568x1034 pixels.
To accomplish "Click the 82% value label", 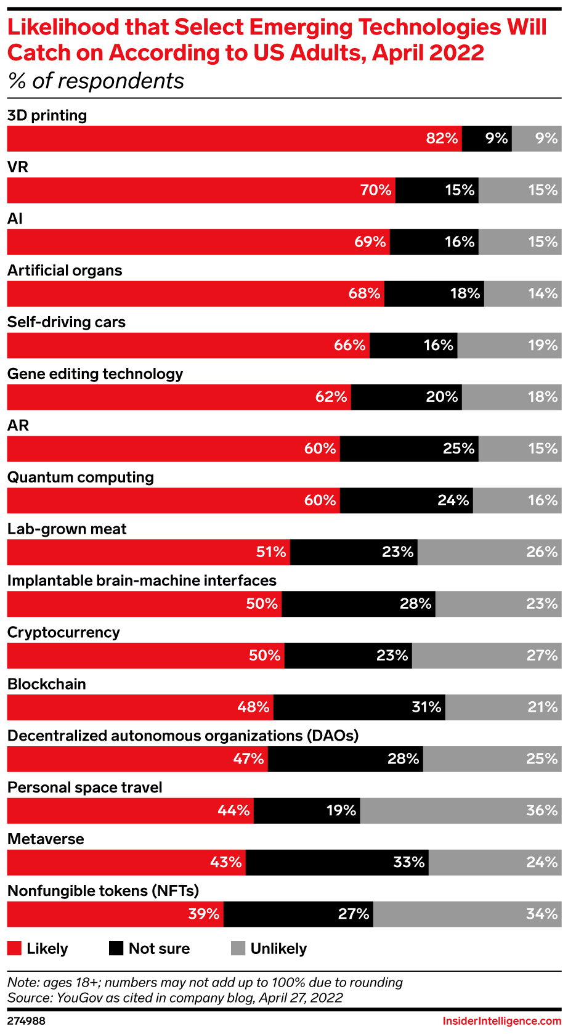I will (442, 139).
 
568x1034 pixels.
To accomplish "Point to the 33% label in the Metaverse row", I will (409, 863).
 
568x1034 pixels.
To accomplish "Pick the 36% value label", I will (542, 811).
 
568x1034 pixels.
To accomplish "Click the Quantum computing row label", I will (81, 478).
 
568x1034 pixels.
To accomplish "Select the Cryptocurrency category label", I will (63, 633).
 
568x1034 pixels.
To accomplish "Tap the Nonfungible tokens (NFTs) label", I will (103, 891).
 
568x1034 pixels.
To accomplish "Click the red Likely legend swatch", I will (14, 948).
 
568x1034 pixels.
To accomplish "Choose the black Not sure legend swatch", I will (116, 948).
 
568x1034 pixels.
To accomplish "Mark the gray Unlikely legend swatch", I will (238, 948).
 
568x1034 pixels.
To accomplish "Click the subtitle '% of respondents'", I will (96, 81).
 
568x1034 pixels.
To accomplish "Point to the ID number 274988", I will (26, 1021).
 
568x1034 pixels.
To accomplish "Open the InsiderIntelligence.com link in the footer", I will (501, 1021).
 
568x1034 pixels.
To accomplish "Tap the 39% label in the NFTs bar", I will (204, 914).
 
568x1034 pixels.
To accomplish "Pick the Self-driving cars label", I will (67, 322).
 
